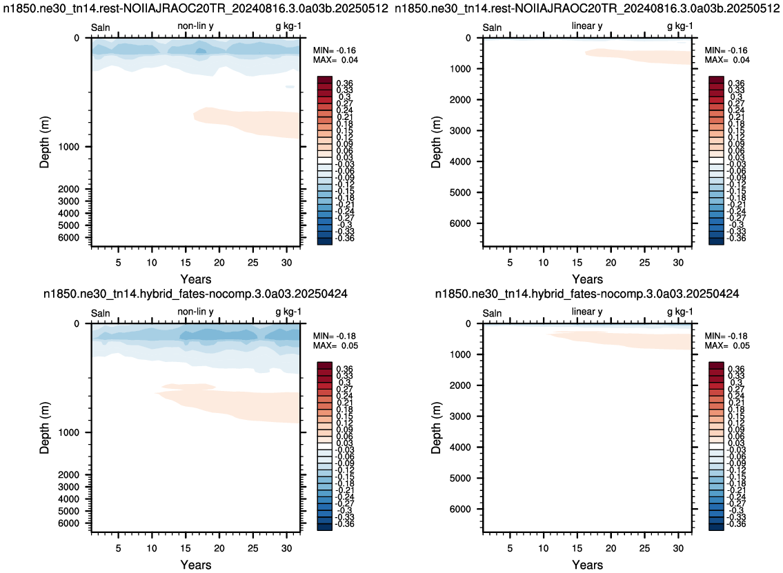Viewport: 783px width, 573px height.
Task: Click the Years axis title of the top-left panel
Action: tap(196, 279)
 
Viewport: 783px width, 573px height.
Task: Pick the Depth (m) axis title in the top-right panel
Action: tap(437, 142)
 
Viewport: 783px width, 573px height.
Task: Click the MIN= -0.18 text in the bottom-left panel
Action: tap(335, 336)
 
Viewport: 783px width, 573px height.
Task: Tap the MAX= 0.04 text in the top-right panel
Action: tap(726, 60)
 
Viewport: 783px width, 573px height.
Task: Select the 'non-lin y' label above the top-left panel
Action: tap(195, 26)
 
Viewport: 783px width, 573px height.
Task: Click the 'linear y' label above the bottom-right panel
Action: tap(587, 312)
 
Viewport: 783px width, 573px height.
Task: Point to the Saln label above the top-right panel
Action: tap(492, 28)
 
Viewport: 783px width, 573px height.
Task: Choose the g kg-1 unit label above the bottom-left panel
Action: tap(288, 312)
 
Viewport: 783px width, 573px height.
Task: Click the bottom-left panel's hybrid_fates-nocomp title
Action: tap(195, 294)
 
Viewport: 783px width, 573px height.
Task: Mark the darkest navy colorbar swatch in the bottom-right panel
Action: tap(716, 527)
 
